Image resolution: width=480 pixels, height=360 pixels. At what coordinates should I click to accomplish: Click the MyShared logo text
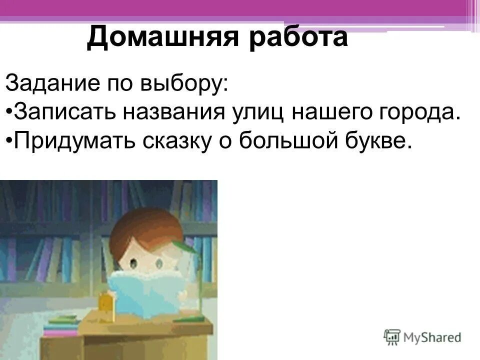click(432, 338)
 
